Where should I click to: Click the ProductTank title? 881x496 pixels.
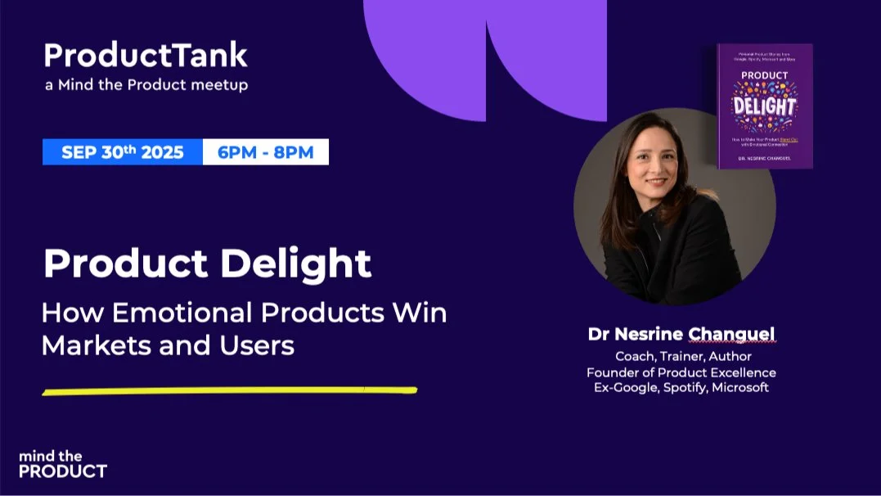pyautogui.click(x=145, y=56)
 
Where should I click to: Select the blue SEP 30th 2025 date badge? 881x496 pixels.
pyautogui.click(x=123, y=151)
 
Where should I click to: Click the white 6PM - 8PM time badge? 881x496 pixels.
pyautogui.click(x=265, y=151)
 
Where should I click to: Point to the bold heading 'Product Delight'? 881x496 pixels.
pyautogui.click(x=207, y=263)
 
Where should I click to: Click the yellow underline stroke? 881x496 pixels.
pyautogui.click(x=229, y=390)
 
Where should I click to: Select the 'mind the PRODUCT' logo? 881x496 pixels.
pyautogui.click(x=62, y=464)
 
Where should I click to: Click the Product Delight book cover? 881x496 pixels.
pyautogui.click(x=765, y=106)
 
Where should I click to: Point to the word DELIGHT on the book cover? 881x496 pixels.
pyautogui.click(x=764, y=106)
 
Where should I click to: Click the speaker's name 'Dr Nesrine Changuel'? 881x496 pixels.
pyautogui.click(x=681, y=334)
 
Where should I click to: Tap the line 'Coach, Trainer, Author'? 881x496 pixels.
pyautogui.click(x=682, y=357)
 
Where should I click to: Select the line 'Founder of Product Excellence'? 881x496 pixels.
pyautogui.click(x=681, y=372)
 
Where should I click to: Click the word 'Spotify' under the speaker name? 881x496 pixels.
pyautogui.click(x=682, y=388)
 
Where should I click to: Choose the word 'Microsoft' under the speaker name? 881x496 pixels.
pyautogui.click(x=739, y=388)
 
